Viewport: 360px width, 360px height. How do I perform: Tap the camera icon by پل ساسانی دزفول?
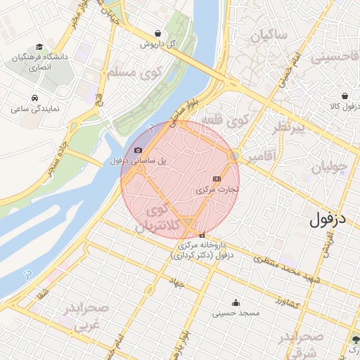[137, 150]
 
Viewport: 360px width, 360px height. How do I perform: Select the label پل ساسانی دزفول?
[139, 161]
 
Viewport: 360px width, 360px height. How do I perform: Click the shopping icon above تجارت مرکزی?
[216, 179]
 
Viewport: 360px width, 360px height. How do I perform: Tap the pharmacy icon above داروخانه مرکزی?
[202, 235]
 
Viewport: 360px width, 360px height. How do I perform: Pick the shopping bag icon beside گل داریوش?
[159, 33]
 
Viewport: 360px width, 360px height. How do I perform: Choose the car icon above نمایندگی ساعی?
[34, 98]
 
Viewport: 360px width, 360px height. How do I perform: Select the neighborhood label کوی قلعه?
[226, 120]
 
